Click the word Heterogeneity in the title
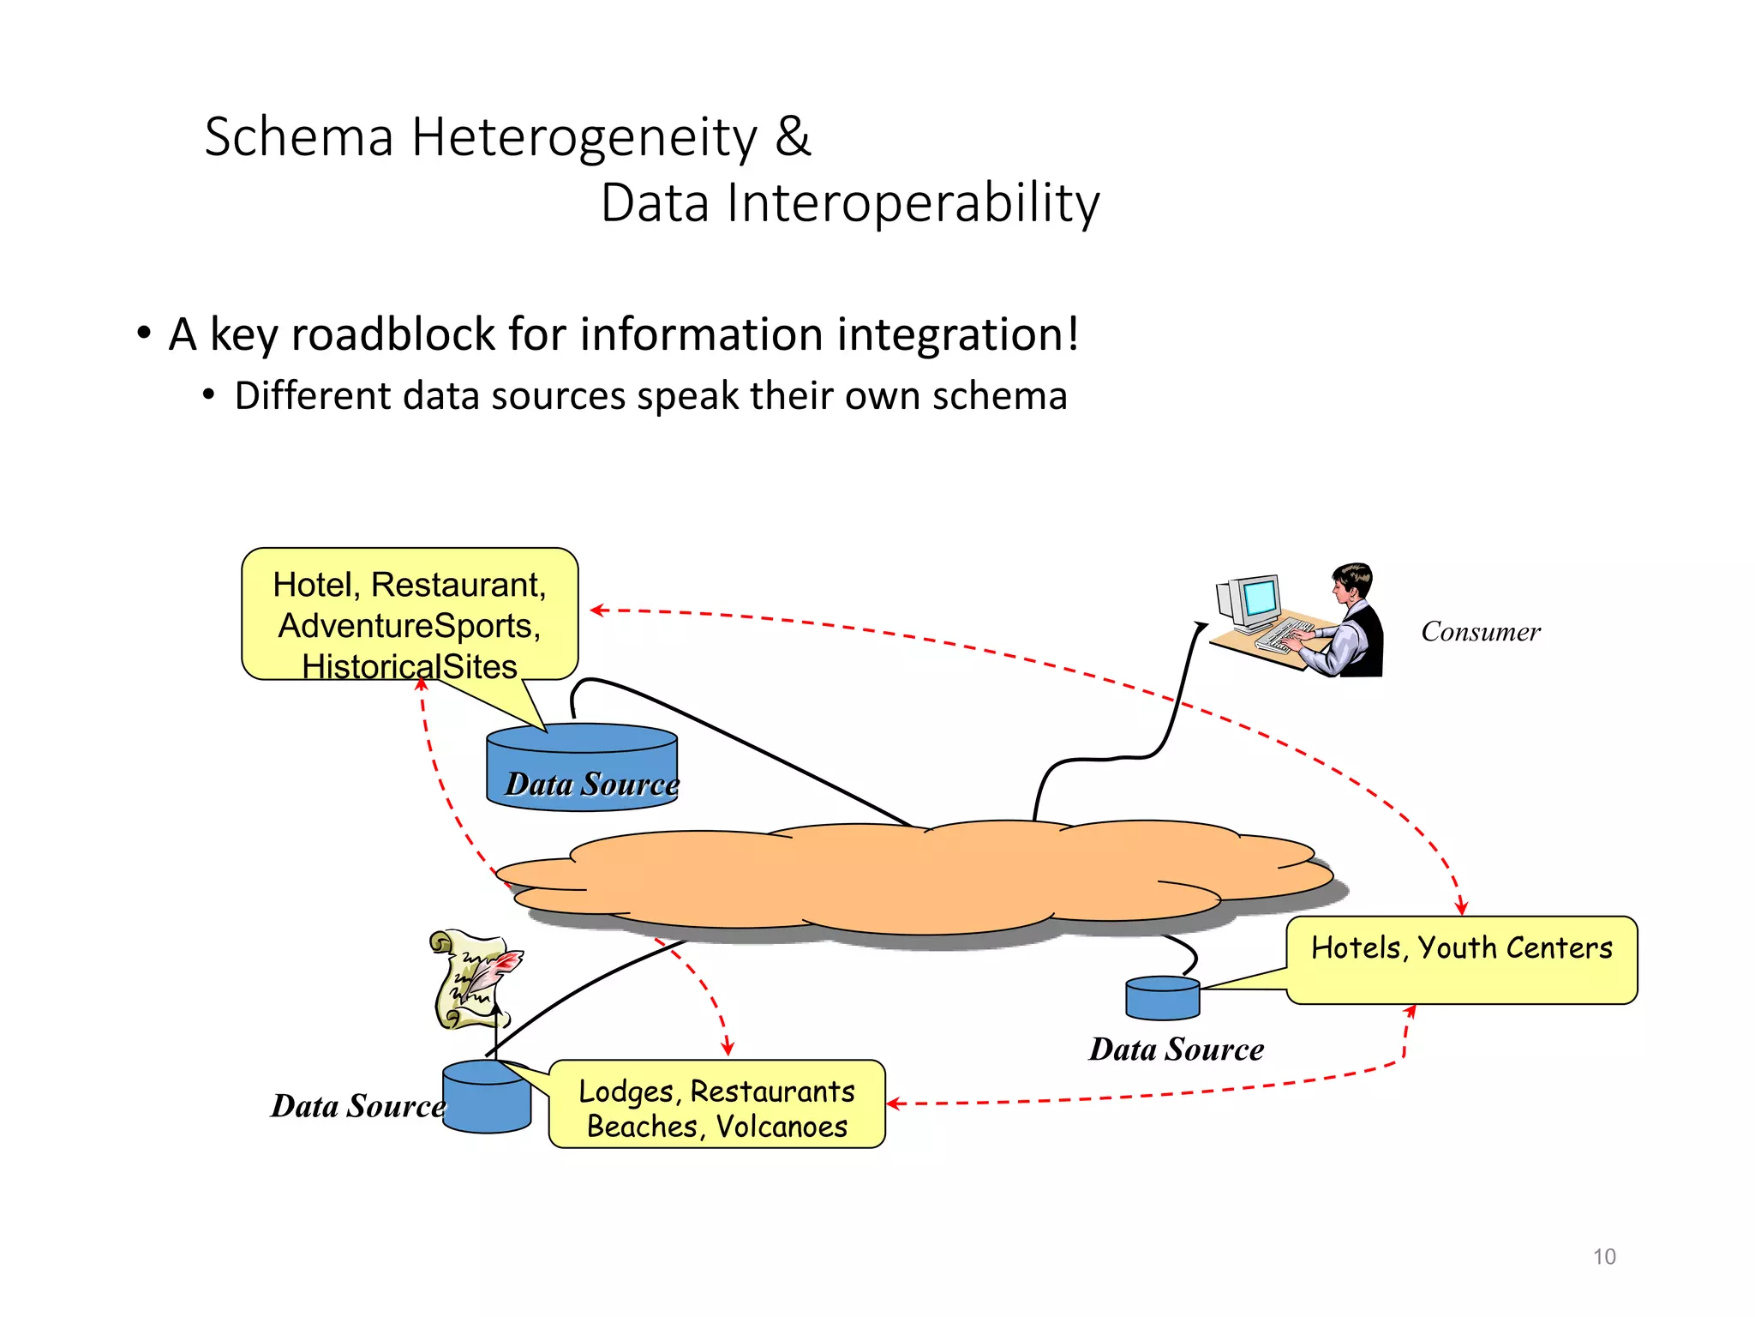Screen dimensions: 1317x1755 pos(584,138)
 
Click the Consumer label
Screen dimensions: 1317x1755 pos(1480,632)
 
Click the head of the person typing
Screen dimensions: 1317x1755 pos(1352,582)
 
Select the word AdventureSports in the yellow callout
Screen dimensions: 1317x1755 pos(409,626)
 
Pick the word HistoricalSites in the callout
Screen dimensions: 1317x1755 pos(410,666)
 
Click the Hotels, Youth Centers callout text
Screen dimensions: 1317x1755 pos(1461,948)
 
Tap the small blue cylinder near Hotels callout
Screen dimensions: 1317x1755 pos(1162,999)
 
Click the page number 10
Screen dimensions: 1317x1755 pos(1603,1257)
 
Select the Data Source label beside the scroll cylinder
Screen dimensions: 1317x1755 pos(357,1106)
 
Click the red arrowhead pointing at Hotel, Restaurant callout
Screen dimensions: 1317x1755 pos(597,610)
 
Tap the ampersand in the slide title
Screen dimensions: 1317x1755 pos(793,138)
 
